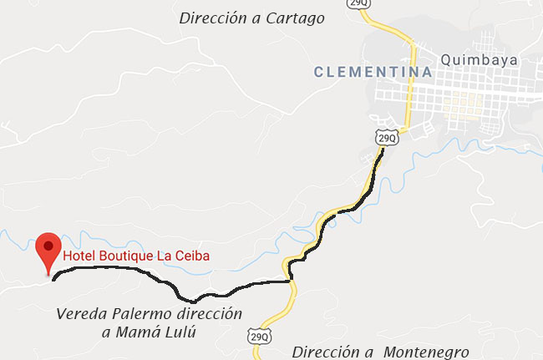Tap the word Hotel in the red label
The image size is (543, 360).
pyautogui.click(x=80, y=256)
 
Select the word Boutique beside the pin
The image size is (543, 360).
pyautogui.click(x=127, y=256)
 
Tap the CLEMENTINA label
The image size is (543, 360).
pyautogui.click(x=373, y=73)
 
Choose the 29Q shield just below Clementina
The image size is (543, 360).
pyautogui.click(x=385, y=136)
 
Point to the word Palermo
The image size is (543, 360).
pyautogui.click(x=139, y=315)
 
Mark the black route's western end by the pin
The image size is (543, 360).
pyautogui.click(x=54, y=278)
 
